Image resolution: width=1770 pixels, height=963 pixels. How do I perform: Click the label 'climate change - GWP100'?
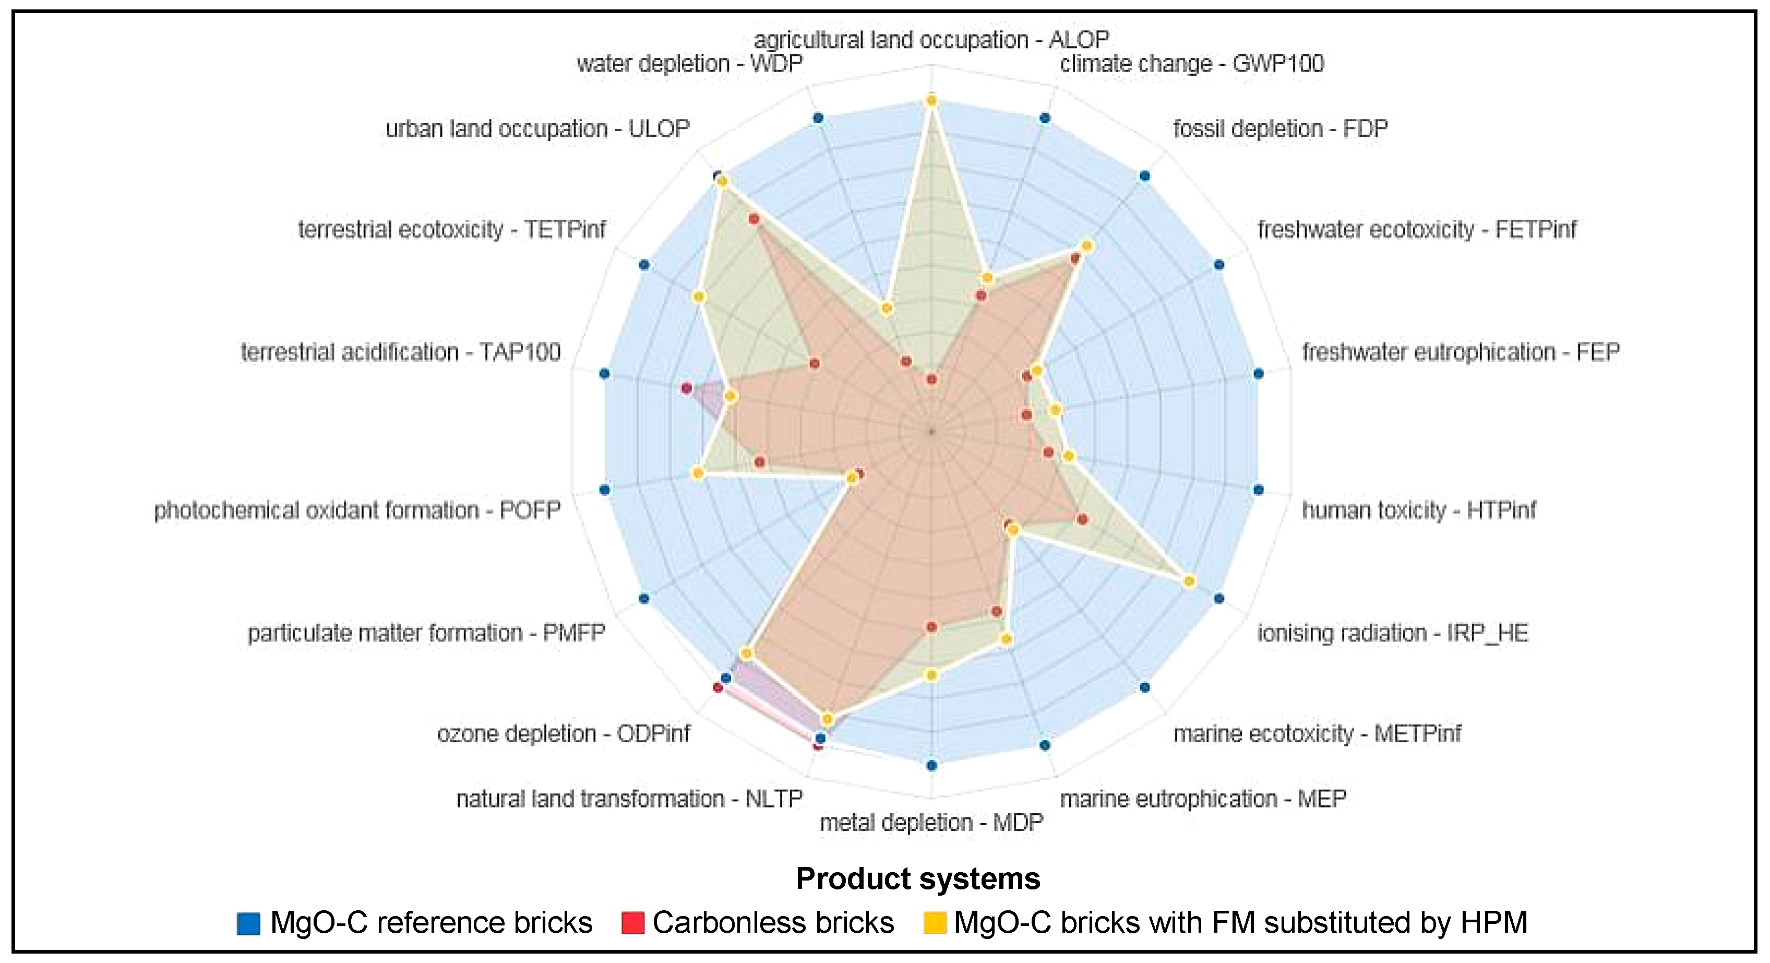pos(1191,64)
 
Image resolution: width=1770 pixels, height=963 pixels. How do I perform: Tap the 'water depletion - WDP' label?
pos(689,64)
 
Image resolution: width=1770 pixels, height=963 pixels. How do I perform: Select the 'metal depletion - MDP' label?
pos(931,822)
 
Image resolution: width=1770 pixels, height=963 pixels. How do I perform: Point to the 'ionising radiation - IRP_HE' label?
pos(1393,633)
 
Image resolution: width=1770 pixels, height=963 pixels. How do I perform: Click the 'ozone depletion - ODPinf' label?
pos(564,734)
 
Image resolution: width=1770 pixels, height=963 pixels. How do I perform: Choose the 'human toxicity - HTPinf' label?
pos(1418,510)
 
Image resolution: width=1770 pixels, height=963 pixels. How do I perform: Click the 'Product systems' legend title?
pos(918,879)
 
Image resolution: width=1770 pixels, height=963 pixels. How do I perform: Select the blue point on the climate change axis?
pos(1044,118)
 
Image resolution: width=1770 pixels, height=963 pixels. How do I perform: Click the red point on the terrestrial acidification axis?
pos(686,389)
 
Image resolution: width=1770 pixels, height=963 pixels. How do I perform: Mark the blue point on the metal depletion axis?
pos(932,765)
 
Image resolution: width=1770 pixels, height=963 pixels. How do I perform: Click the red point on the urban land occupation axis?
pos(753,219)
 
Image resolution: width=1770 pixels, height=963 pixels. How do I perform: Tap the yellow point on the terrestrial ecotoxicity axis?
pos(699,297)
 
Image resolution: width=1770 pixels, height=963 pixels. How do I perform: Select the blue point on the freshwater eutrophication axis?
pos(1258,374)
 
